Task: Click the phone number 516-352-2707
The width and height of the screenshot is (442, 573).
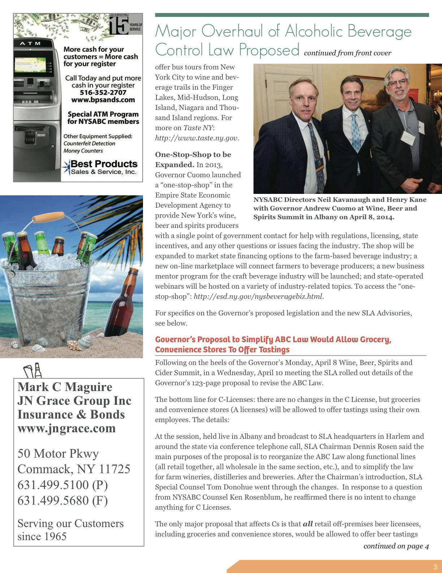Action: click(x=103, y=93)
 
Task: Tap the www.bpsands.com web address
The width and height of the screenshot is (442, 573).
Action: click(x=103, y=100)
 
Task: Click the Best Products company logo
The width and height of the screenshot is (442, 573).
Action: click(x=100, y=167)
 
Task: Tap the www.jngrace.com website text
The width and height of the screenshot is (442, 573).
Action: click(x=66, y=428)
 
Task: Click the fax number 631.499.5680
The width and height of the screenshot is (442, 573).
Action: click(x=62, y=500)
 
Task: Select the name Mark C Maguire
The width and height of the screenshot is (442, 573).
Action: click(x=65, y=387)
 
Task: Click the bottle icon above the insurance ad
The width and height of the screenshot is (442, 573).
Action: click(x=33, y=370)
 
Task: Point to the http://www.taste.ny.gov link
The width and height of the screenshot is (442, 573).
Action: click(x=197, y=138)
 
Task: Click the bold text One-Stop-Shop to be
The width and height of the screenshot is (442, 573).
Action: click(x=193, y=154)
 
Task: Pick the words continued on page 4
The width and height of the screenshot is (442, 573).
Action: click(x=396, y=546)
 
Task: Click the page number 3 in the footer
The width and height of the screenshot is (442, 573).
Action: click(x=435, y=567)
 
